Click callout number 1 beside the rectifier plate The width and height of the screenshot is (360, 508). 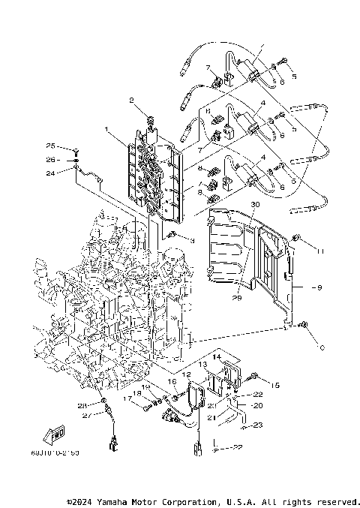[107, 129]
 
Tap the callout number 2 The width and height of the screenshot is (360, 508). [131, 100]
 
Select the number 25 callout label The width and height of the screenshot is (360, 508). [51, 146]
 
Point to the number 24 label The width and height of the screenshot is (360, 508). [51, 173]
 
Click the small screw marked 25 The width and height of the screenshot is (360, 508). [76, 150]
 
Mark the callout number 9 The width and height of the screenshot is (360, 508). [319, 286]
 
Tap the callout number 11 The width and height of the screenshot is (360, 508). [319, 251]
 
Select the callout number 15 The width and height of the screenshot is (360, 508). [274, 384]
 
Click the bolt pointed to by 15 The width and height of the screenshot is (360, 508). [256, 374]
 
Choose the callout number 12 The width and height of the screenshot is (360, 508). [186, 374]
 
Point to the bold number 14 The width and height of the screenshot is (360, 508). [215, 357]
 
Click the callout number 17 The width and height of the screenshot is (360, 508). [128, 400]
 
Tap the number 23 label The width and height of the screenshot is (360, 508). [257, 425]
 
